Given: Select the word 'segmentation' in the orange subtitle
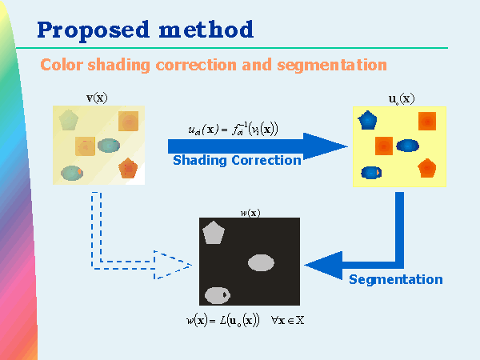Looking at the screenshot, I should point(332,64).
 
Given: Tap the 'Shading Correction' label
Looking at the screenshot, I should point(237,160).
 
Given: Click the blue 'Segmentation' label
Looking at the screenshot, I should point(395,279).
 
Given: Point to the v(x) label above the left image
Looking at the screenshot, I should point(97,98).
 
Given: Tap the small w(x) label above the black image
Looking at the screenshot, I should point(250,212).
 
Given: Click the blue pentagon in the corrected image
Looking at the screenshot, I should point(368,120).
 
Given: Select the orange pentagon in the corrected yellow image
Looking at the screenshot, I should point(426,167).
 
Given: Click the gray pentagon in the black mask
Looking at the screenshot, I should point(214,233).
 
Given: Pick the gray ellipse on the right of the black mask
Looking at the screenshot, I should point(262,262).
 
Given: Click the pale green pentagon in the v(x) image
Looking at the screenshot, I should point(68,120).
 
